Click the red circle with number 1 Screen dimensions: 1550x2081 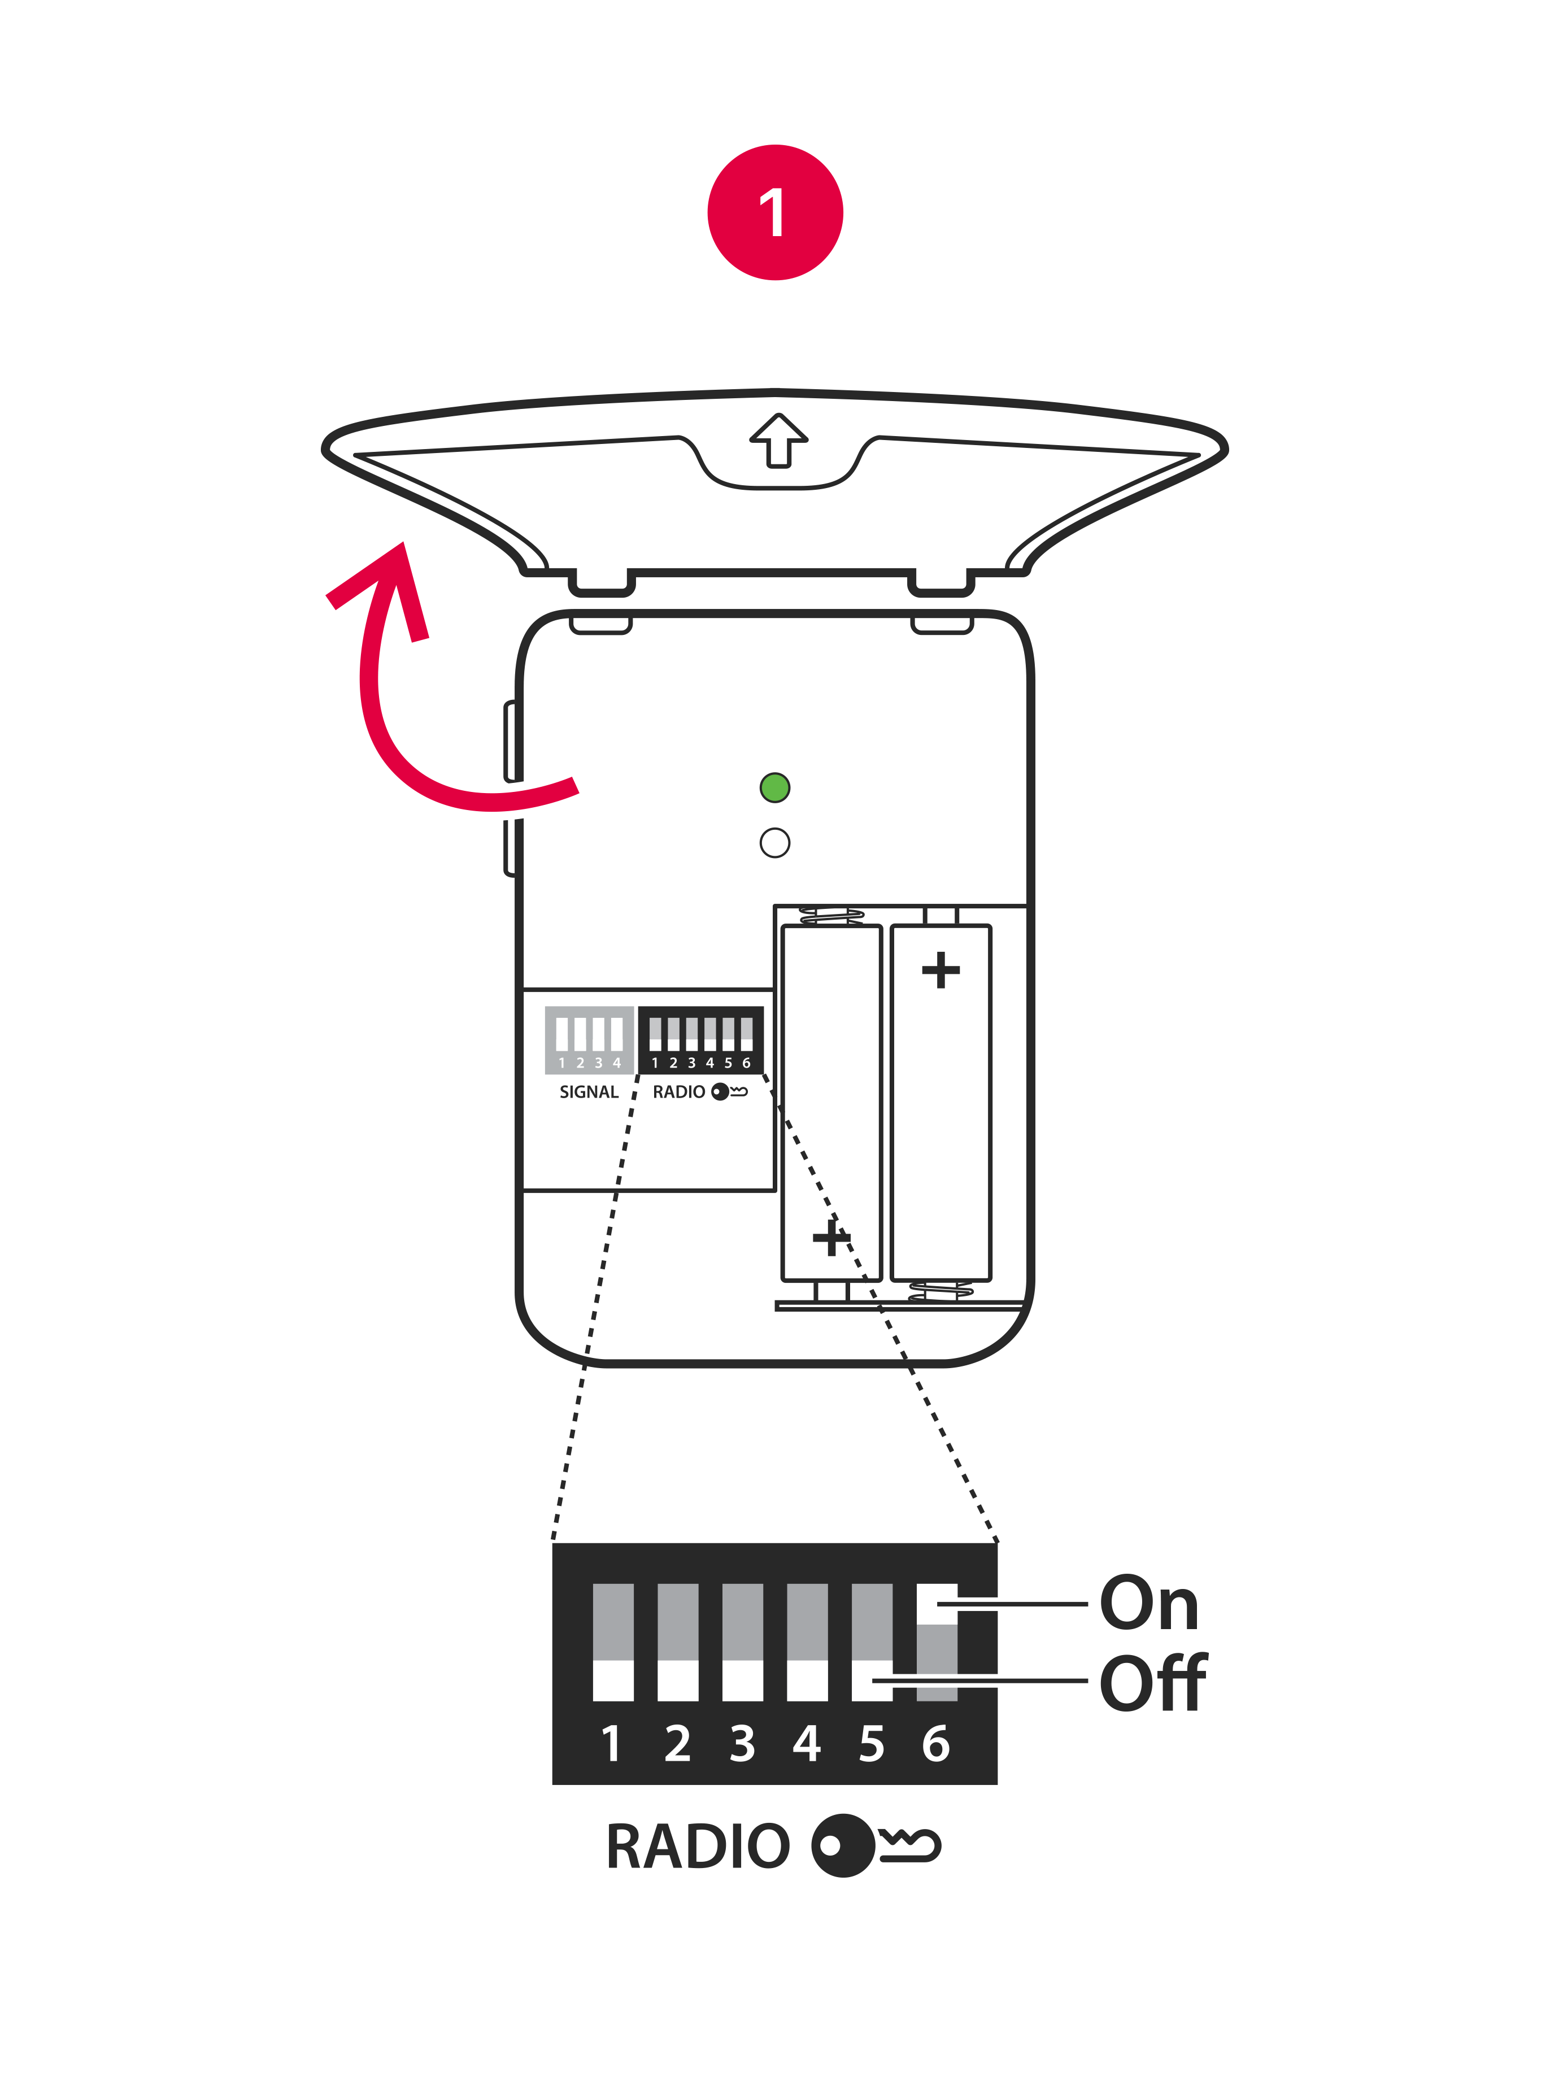click(x=775, y=212)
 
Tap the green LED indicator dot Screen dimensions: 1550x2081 click(x=775, y=787)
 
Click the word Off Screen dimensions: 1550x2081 click(x=1153, y=1683)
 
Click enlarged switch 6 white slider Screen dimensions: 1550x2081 click(x=937, y=1604)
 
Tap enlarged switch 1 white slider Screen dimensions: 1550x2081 click(x=613, y=1681)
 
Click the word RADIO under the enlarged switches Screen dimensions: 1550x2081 click(x=698, y=1847)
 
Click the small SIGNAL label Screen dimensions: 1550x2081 click(x=589, y=1092)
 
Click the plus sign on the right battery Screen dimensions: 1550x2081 click(x=941, y=970)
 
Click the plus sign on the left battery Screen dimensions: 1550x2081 click(x=831, y=1238)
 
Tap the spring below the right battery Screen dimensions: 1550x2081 click(x=941, y=1291)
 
